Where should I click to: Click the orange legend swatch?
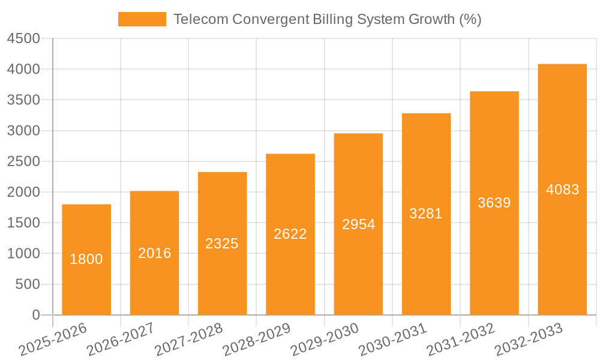142,19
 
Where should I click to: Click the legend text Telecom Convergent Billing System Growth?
327,19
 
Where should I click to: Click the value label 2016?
154,253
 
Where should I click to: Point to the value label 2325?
222,244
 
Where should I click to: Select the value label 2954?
358,224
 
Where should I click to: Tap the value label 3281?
426,214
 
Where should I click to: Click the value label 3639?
494,203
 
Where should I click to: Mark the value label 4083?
562,190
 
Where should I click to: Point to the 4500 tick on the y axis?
23,38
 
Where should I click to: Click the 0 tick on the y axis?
35,315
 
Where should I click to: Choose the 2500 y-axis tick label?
23,161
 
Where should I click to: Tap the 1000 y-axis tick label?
23,254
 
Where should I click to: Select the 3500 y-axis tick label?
23,100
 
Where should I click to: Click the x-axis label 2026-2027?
121,340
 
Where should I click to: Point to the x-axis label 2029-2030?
325,340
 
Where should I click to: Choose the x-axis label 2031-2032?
461,340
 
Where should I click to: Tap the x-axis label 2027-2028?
188,340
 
